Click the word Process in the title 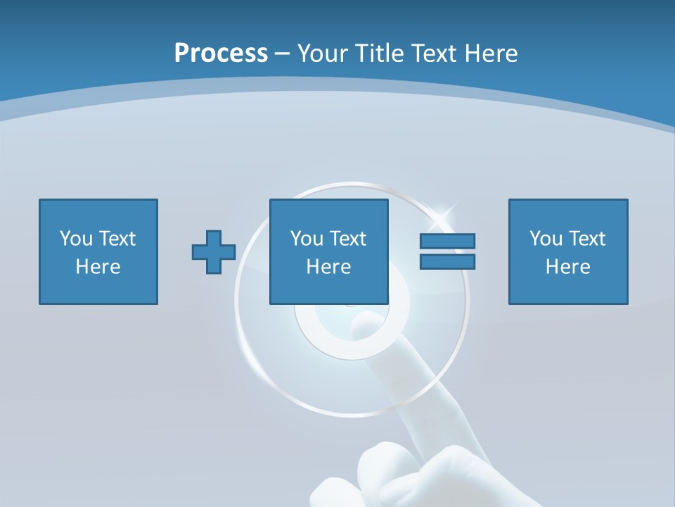pyautogui.click(x=221, y=54)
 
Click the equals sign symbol pyautogui.click(x=447, y=251)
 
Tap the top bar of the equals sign pyautogui.click(x=447, y=242)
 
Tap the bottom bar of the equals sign pyautogui.click(x=447, y=261)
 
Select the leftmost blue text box pyautogui.click(x=98, y=251)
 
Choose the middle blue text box pyautogui.click(x=329, y=251)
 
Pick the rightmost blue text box pyautogui.click(x=568, y=251)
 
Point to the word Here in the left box pyautogui.click(x=98, y=267)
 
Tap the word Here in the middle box pyautogui.click(x=329, y=267)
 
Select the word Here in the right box pyautogui.click(x=568, y=267)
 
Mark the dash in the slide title pyautogui.click(x=283, y=54)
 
